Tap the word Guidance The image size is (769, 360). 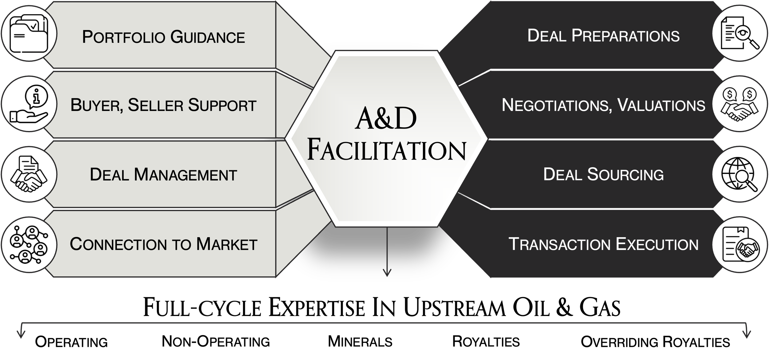pyautogui.click(x=208, y=37)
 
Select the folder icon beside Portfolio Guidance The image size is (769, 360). pyautogui.click(x=29, y=34)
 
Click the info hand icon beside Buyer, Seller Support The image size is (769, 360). pyautogui.click(x=29, y=104)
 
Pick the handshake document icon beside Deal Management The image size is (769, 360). pyautogui.click(x=29, y=174)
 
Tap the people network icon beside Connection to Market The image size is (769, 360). pyautogui.click(x=29, y=244)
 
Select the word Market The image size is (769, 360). pyautogui.click(x=227, y=244)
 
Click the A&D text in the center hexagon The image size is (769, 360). pyautogui.click(x=386, y=119)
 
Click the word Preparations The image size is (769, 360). pyautogui.click(x=625, y=36)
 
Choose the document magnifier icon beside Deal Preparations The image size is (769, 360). pyautogui.click(x=739, y=34)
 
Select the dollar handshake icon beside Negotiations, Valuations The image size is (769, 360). pyautogui.click(x=739, y=104)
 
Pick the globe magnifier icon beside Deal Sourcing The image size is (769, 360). pyautogui.click(x=739, y=174)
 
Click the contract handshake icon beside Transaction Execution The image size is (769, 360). pyautogui.click(x=739, y=244)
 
